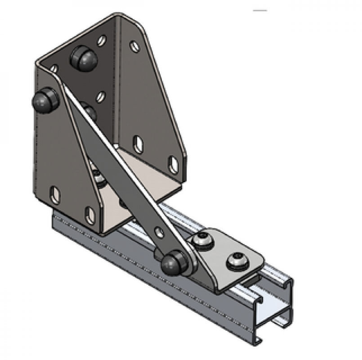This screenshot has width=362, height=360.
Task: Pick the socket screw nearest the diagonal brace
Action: [x=203, y=241]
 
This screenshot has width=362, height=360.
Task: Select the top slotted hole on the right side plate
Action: [x=134, y=46]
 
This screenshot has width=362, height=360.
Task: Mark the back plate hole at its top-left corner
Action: [x=54, y=68]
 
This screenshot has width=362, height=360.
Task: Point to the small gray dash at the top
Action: [x=260, y=10]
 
